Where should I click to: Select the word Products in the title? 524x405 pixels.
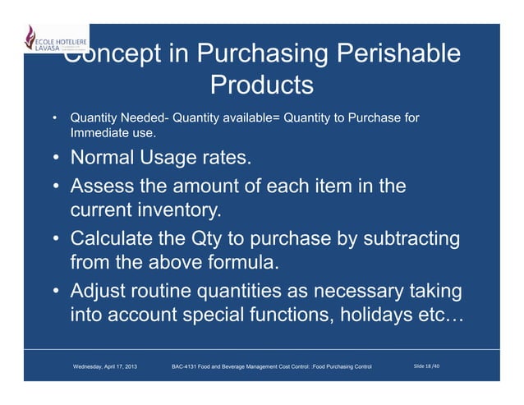point(262,85)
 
